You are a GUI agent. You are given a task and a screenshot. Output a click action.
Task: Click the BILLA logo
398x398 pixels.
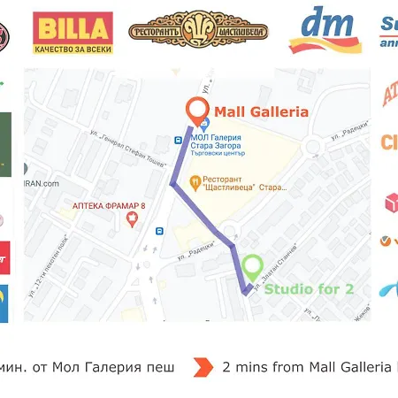(73, 32)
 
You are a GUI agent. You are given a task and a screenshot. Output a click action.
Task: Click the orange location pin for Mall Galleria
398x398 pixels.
(197, 110)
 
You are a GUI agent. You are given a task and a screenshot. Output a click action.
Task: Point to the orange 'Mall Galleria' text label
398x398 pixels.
(259, 111)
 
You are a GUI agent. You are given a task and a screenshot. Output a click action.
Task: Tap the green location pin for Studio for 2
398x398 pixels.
(252, 266)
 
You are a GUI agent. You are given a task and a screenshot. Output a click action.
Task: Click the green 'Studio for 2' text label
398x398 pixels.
(310, 288)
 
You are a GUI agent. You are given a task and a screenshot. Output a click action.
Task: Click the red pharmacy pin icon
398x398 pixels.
(133, 218)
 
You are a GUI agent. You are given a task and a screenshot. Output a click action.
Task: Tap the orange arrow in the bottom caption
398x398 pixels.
(203, 366)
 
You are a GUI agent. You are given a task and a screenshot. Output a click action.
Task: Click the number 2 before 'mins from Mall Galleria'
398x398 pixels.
(227, 366)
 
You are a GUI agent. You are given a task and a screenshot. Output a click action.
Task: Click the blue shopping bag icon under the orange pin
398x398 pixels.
(204, 125)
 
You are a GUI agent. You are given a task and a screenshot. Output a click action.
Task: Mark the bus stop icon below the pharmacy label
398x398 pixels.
(159, 232)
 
